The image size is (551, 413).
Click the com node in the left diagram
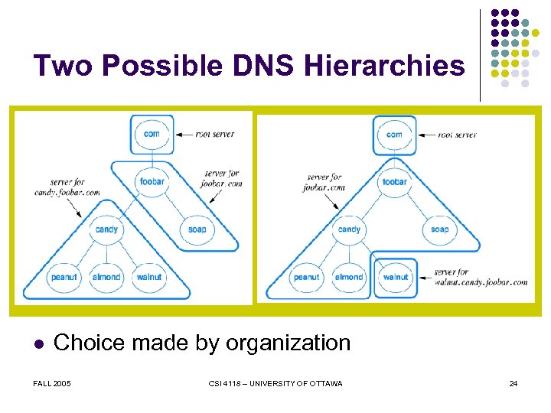(x=152, y=134)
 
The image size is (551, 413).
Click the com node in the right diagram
(x=394, y=135)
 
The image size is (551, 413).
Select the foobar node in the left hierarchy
(x=152, y=182)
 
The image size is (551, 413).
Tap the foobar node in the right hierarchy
(x=394, y=182)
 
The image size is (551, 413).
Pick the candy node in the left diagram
(x=106, y=229)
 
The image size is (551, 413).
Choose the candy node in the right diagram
(x=349, y=229)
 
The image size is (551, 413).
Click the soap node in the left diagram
(x=197, y=229)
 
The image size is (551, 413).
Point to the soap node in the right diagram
(x=439, y=229)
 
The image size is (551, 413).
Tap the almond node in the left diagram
(x=106, y=276)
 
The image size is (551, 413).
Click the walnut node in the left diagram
(x=150, y=276)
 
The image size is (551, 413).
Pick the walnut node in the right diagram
(x=395, y=277)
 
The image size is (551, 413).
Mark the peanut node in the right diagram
(x=306, y=277)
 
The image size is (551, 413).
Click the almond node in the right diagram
(x=349, y=277)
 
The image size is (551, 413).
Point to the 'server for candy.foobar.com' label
(x=67, y=187)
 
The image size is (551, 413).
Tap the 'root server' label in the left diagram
(x=215, y=135)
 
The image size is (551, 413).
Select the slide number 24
(x=514, y=383)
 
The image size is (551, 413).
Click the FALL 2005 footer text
(x=52, y=383)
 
